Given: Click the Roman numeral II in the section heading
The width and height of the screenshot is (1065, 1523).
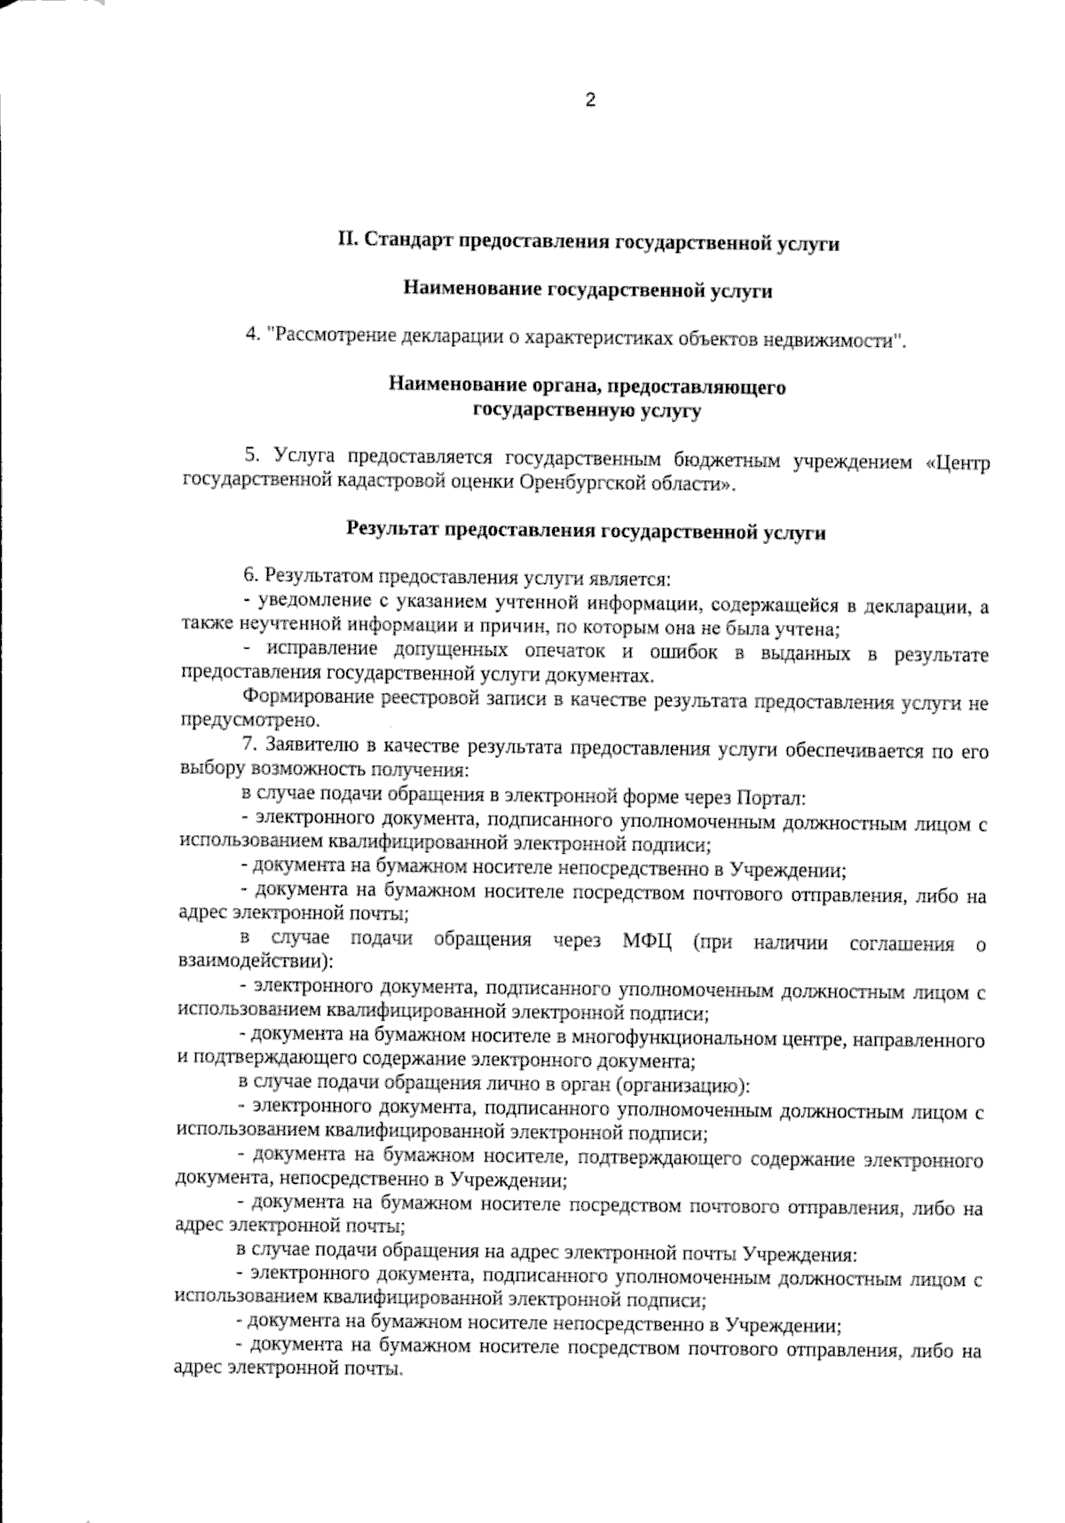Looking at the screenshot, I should pyautogui.click(x=348, y=241).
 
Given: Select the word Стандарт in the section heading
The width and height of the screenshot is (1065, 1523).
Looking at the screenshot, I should pyautogui.click(x=406, y=241).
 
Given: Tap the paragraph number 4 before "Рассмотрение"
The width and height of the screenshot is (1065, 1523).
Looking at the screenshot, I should pyautogui.click(x=251, y=336).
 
